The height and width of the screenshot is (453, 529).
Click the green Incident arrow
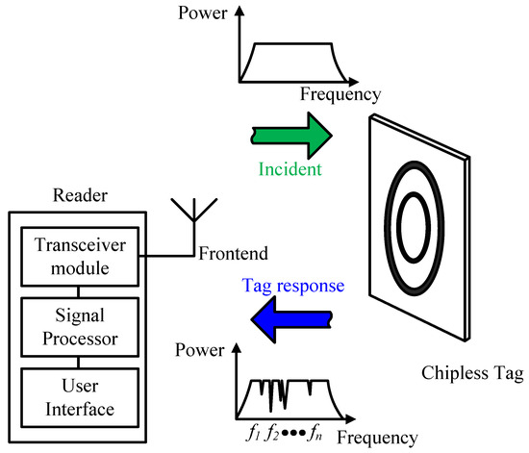(292, 136)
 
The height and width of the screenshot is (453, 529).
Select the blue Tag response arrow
(291, 319)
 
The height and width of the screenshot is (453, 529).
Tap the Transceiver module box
(80, 257)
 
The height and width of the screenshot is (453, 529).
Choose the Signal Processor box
(80, 327)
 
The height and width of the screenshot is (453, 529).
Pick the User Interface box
(80, 397)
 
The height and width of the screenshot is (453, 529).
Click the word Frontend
(233, 253)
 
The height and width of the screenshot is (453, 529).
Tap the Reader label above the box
(80, 195)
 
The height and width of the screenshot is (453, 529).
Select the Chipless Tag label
(472, 374)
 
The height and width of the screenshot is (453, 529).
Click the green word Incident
(290, 169)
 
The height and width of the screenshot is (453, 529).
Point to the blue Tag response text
(293, 286)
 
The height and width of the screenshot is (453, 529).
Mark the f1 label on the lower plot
(253, 433)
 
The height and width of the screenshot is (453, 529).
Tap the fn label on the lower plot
(315, 433)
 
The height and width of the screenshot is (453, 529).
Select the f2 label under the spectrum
(272, 433)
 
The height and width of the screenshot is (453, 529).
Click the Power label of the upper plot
(202, 13)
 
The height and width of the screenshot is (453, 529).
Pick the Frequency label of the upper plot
(340, 94)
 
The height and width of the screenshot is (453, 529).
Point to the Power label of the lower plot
(199, 350)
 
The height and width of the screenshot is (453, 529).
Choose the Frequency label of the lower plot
(378, 439)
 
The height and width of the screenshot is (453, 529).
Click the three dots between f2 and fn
(293, 433)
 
